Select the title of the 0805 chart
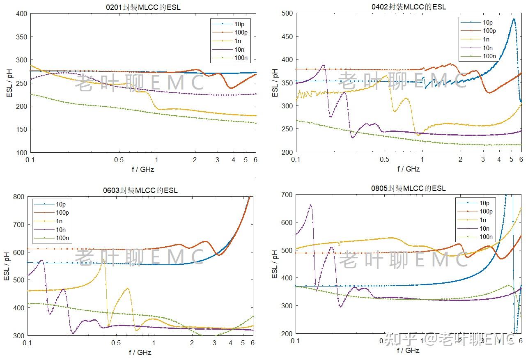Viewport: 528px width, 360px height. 408,188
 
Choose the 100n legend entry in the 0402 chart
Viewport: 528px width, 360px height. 489,56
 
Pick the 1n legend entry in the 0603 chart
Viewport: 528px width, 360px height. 59,221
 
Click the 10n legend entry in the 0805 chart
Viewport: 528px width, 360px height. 484,228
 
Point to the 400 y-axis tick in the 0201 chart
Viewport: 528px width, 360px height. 21,14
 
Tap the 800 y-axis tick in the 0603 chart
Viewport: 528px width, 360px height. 18,197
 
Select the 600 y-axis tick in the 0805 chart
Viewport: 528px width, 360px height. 286,222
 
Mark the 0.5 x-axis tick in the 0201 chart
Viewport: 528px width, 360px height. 119,160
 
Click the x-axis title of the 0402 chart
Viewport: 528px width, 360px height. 409,169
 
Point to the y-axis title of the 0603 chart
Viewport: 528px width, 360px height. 7,266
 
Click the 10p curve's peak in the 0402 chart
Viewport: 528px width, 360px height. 514,19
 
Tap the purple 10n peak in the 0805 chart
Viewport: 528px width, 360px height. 310,205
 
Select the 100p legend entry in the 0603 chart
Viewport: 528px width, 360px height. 62,213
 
